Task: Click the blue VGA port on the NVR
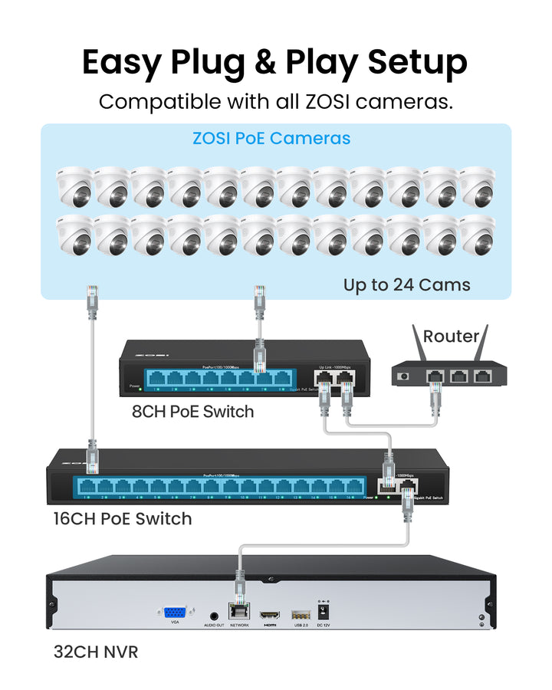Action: pyautogui.click(x=175, y=613)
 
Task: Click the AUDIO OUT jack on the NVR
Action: pyautogui.click(x=214, y=614)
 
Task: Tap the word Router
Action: pyautogui.click(x=451, y=336)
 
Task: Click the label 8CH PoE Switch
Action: pyautogui.click(x=192, y=411)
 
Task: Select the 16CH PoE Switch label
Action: pyautogui.click(x=121, y=518)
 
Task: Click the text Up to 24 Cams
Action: pyautogui.click(x=406, y=285)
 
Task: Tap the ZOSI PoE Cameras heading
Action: pyautogui.click(x=271, y=139)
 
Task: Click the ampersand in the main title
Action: pyautogui.click(x=265, y=62)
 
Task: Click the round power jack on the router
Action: pyautogui.click(x=404, y=376)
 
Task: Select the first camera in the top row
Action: pyautogui.click(x=74, y=188)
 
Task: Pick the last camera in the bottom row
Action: pyautogui.click(x=478, y=235)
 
